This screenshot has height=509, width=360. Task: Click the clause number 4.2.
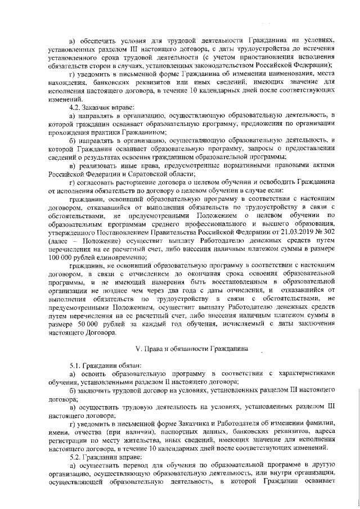[75, 107]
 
